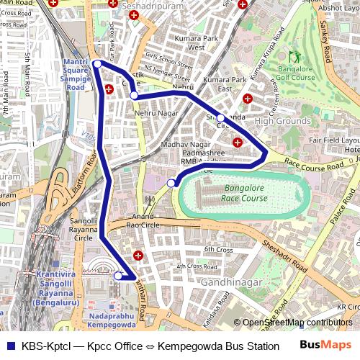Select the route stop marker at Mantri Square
click(x=97, y=64)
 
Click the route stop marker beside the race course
click(x=171, y=184)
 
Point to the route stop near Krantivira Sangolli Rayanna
click(x=118, y=275)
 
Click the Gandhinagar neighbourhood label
click(x=231, y=282)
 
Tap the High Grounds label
click(x=283, y=121)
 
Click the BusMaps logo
click(x=325, y=345)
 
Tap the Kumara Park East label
click(x=225, y=84)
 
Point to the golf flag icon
click(x=294, y=56)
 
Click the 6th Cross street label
click(x=218, y=249)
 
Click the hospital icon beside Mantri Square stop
click(x=109, y=90)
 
